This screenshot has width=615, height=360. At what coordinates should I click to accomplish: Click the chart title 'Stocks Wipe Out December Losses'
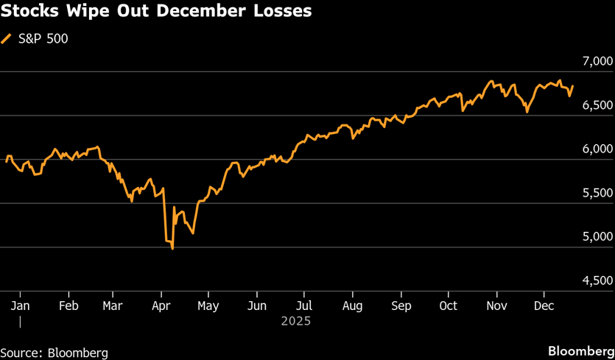[x=155, y=13]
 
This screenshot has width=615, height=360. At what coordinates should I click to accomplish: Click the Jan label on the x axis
[x=20, y=305]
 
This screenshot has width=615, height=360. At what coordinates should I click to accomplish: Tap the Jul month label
[x=304, y=305]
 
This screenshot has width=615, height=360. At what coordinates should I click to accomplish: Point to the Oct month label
[x=448, y=305]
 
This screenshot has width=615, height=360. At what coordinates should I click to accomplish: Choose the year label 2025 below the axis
[x=296, y=321]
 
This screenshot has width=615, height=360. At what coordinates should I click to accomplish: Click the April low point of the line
[x=172, y=249]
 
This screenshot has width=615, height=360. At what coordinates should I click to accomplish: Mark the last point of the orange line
[x=573, y=85]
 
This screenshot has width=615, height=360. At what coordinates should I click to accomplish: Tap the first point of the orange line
[x=7, y=161]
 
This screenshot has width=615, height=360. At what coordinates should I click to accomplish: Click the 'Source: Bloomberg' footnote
[x=54, y=353]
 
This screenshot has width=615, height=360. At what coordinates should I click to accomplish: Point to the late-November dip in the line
[x=527, y=112]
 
